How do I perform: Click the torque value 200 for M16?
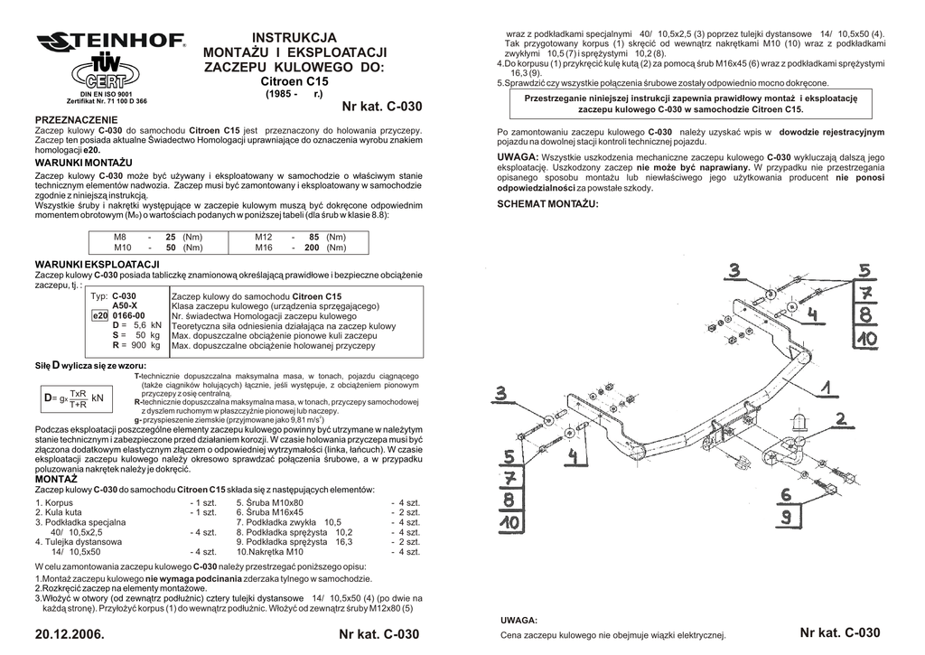(x=312, y=248)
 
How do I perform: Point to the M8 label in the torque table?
(x=120, y=237)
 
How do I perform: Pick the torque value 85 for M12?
(x=314, y=237)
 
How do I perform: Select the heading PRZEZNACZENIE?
(x=76, y=120)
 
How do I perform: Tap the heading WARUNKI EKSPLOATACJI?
(x=96, y=264)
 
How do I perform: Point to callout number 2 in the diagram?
(x=840, y=418)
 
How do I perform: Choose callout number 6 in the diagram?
(x=786, y=494)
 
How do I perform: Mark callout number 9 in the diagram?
(x=786, y=517)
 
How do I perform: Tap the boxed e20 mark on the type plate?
(x=99, y=315)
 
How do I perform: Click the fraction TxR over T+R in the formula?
(x=78, y=399)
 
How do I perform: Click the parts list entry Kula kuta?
(x=57, y=511)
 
